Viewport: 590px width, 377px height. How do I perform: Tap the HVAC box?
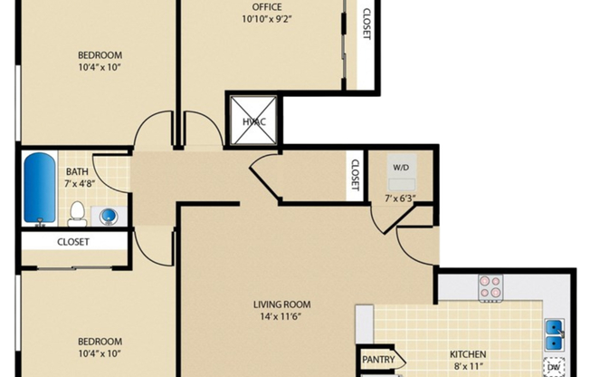coord(251,121)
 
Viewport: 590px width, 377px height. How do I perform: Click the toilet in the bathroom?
coord(77,214)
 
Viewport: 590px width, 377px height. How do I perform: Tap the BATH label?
coord(77,170)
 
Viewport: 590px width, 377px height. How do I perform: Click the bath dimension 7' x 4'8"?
coord(80,183)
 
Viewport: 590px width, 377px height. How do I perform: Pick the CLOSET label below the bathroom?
coord(72,242)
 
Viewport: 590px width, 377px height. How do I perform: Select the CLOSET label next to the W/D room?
coord(355,174)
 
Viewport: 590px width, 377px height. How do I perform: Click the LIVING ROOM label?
coord(281,304)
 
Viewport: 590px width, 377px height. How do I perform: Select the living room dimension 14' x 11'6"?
coord(281,318)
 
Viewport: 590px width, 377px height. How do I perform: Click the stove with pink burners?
coord(490,287)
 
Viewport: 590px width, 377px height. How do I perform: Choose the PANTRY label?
coord(378,360)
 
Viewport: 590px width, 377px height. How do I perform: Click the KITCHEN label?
coord(469,354)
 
